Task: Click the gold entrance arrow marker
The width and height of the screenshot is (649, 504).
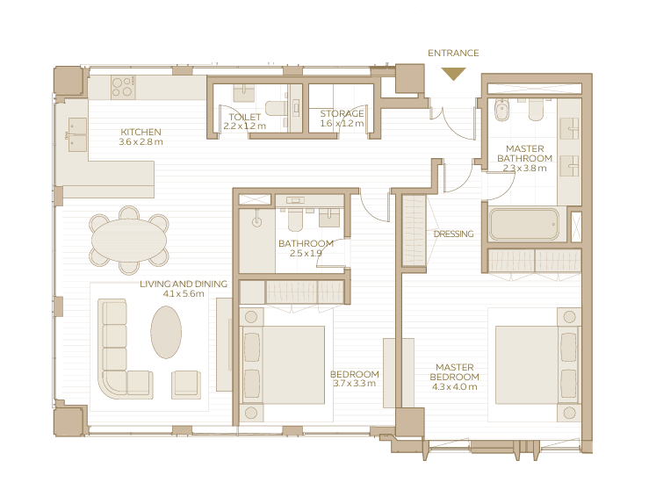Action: tap(453, 74)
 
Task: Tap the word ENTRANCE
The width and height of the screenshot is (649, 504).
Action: tap(453, 53)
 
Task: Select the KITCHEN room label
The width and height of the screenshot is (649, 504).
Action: tap(141, 132)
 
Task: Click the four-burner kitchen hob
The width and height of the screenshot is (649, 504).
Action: tap(123, 87)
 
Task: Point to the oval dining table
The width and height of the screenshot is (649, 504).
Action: tap(129, 240)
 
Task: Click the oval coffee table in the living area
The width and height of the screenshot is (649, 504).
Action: tap(166, 332)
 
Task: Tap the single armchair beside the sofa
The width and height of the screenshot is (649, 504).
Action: tap(186, 385)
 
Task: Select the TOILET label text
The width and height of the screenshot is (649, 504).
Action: tap(245, 117)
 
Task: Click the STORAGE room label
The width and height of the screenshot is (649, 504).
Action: tap(342, 113)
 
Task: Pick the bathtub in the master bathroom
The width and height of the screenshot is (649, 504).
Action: tap(523, 224)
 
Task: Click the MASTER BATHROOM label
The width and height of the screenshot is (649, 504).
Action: tap(525, 154)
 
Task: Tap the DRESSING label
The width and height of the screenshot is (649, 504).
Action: tap(453, 234)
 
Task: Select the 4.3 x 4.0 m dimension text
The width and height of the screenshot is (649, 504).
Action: tap(454, 387)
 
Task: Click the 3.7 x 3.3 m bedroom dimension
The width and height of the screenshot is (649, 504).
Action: tap(354, 383)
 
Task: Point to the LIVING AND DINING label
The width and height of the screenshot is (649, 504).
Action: tap(184, 284)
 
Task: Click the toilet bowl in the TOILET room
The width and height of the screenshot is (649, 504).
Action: tap(274, 108)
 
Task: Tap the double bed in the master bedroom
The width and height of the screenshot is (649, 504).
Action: tap(537, 364)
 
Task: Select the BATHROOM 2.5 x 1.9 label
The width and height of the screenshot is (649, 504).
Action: tap(306, 248)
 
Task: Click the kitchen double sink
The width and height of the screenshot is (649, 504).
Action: tap(78, 134)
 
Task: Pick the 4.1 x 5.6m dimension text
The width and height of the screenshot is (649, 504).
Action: tap(184, 294)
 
